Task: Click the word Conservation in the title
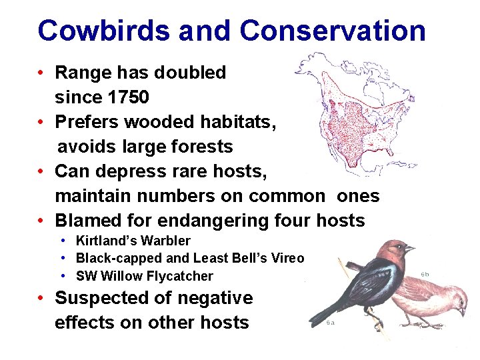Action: click(x=332, y=31)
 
